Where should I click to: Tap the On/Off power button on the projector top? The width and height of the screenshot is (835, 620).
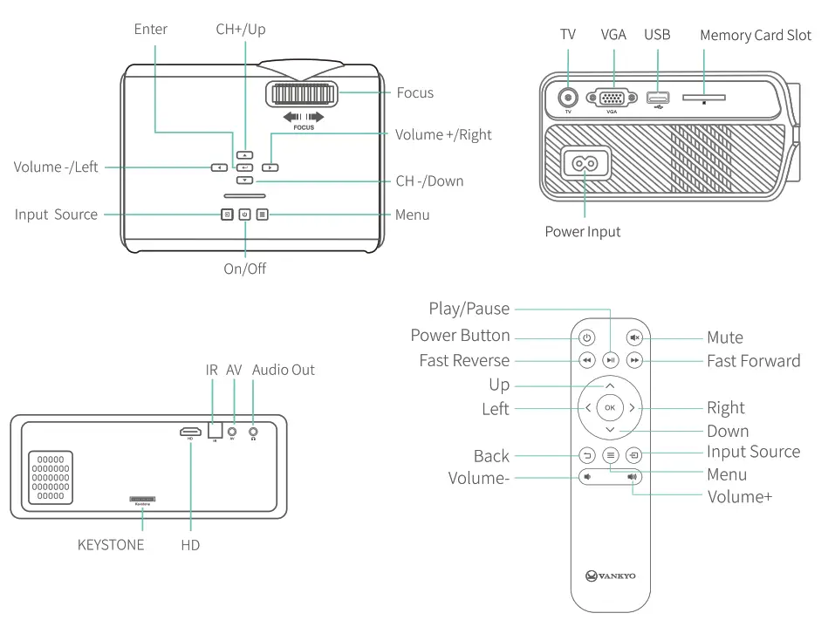click(244, 215)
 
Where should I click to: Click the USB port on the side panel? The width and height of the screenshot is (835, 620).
click(657, 99)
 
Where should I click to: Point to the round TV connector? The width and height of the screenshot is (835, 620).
click(568, 98)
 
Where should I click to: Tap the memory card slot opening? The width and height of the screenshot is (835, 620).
click(703, 99)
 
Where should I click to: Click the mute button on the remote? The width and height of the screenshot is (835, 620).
click(634, 337)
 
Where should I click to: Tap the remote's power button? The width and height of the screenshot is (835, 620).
click(586, 337)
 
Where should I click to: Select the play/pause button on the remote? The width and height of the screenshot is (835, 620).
click(611, 359)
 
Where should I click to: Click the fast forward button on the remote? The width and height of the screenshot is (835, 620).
click(634, 359)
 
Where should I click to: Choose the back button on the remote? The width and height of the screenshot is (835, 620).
click(586, 454)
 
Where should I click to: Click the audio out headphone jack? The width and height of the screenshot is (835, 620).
click(254, 430)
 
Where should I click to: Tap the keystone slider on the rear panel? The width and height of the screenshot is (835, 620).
click(142, 499)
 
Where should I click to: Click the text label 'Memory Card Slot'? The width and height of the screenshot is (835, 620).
click(755, 36)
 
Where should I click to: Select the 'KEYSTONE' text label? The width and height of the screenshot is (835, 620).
click(111, 545)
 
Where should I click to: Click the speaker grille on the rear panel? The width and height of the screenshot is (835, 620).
click(51, 478)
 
